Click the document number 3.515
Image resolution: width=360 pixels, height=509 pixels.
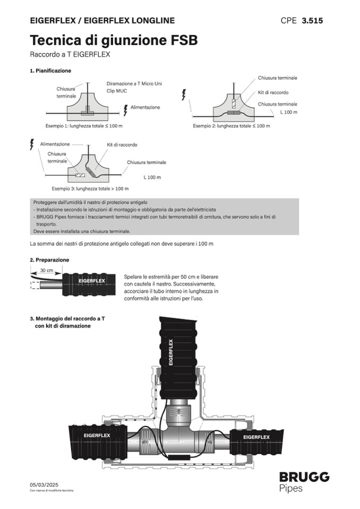pyautogui.click(x=312, y=21)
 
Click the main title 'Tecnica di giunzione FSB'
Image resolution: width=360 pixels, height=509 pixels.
pyautogui.click(x=114, y=40)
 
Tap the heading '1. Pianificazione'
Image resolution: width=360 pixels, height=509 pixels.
pyautogui.click(x=50, y=71)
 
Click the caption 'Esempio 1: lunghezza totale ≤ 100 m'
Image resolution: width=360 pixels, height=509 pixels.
pyautogui.click(x=84, y=126)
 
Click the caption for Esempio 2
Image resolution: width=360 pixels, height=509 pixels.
pyautogui.click(x=231, y=126)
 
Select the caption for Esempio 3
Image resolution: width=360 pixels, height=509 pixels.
pyautogui.click(x=90, y=188)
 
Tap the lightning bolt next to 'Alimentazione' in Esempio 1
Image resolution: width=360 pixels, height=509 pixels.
pyautogui.click(x=126, y=109)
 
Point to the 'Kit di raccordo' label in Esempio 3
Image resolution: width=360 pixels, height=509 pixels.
pyautogui.click(x=122, y=144)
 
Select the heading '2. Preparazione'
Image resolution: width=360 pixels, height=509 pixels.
pyautogui.click(x=49, y=260)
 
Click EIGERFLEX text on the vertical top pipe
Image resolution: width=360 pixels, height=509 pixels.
pyautogui.click(x=171, y=352)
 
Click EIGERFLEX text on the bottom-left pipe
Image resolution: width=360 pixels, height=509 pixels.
pyautogui.click(x=97, y=436)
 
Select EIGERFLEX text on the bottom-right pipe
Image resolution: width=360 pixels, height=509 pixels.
pyautogui.click(x=256, y=437)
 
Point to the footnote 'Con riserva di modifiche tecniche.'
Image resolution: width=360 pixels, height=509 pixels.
pyautogui.click(x=52, y=490)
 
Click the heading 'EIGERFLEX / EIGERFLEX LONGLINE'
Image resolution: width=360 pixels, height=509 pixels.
pyautogui.click(x=102, y=21)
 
